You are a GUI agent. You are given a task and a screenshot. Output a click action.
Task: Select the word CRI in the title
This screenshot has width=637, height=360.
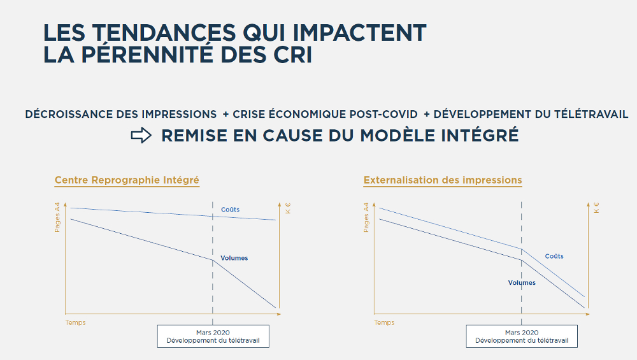[292, 54]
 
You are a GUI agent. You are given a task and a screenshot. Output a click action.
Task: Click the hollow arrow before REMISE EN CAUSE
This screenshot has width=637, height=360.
[141, 135]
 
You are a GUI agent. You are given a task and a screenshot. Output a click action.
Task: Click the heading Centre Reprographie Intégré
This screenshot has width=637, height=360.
[127, 180]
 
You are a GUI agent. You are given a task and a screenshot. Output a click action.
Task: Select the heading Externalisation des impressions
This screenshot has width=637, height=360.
[443, 180]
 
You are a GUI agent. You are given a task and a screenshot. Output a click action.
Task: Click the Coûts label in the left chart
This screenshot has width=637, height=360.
[230, 210]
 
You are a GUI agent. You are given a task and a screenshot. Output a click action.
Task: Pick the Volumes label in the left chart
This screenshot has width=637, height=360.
[234, 258]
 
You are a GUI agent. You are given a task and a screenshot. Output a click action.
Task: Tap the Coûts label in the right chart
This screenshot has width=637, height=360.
[554, 256]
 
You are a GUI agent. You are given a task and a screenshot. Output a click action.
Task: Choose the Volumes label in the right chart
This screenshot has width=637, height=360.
[522, 283]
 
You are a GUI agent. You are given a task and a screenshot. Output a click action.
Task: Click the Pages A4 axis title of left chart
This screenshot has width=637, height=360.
[57, 217]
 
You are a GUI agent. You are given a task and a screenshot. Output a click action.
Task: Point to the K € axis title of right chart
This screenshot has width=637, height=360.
[596, 208]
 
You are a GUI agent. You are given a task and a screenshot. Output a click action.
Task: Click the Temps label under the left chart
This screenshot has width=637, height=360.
[76, 322]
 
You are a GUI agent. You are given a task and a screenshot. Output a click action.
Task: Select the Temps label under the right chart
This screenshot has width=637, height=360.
[384, 322]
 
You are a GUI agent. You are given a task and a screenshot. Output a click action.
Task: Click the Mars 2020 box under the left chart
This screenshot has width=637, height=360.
[213, 336]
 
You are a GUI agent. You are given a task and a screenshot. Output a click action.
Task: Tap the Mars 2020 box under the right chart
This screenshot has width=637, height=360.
[522, 336]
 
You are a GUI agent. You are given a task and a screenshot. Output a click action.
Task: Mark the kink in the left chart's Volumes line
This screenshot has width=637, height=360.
[213, 260]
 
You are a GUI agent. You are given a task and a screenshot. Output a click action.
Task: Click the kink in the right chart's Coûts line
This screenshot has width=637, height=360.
[521, 249]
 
